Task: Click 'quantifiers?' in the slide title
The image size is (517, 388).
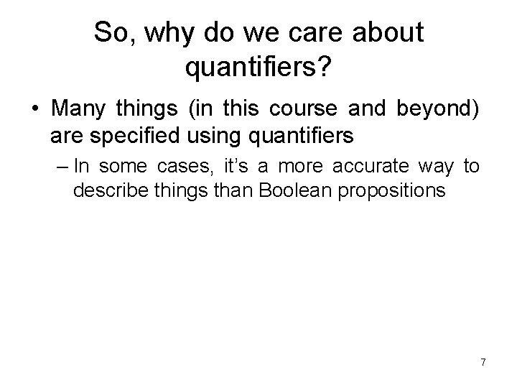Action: point(258,68)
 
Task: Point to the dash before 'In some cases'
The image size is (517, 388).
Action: point(60,167)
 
